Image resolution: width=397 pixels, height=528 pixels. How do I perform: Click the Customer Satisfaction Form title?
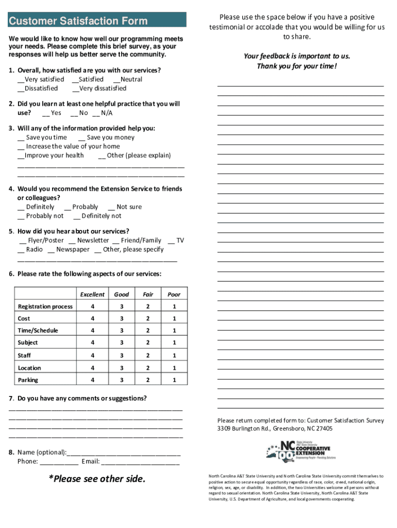[x=77, y=21]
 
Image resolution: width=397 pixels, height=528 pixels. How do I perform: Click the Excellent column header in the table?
[x=92, y=294]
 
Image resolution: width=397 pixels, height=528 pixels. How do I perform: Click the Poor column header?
[x=174, y=294]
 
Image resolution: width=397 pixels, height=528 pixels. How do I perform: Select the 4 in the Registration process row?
[x=92, y=307]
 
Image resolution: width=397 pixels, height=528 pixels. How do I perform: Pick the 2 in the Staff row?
[x=148, y=355]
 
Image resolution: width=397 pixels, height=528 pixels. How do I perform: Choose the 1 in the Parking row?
[x=174, y=380]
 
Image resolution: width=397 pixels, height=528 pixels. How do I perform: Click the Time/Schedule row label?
[x=38, y=331]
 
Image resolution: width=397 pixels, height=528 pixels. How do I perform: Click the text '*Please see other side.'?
[x=97, y=479]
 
